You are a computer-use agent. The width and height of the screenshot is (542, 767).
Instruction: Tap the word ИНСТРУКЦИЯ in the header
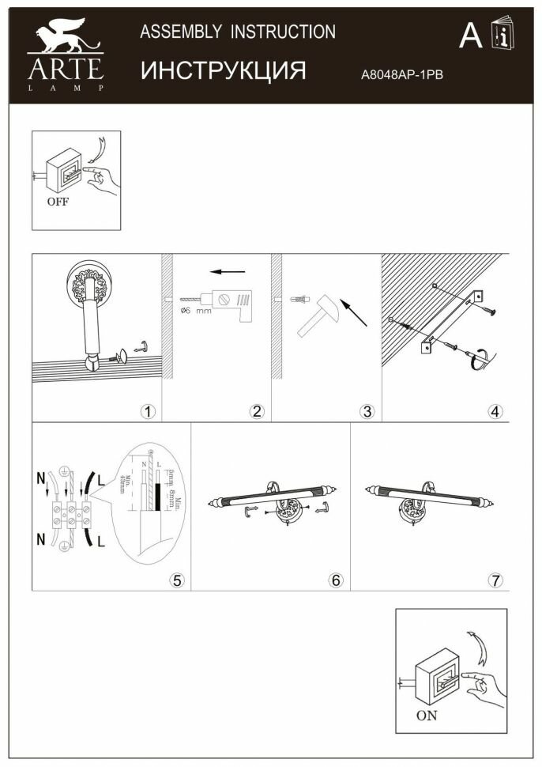223,70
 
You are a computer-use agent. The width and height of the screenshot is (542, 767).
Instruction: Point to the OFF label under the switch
58,201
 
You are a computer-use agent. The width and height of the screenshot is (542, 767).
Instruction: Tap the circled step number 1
146,411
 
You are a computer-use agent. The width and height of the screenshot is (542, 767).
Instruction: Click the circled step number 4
495,411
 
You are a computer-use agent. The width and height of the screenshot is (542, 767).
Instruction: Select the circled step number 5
177,580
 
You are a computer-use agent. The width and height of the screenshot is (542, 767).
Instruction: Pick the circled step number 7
495,580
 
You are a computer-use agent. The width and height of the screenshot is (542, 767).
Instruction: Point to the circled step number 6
336,580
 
